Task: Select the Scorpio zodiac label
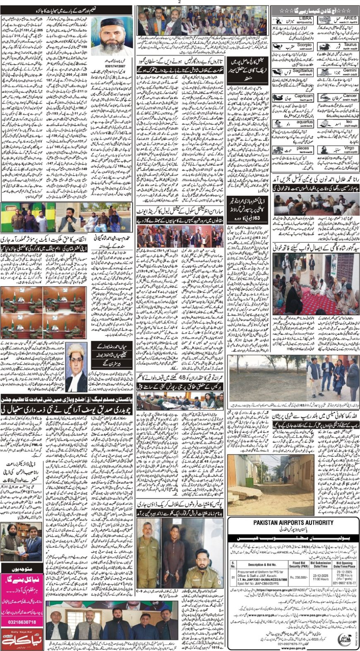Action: (x=304, y=45)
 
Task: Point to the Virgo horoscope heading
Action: (x=349, y=148)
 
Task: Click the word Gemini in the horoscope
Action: (x=350, y=70)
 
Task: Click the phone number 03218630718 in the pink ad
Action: (x=22, y=621)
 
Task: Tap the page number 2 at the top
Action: (x=180, y=2)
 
